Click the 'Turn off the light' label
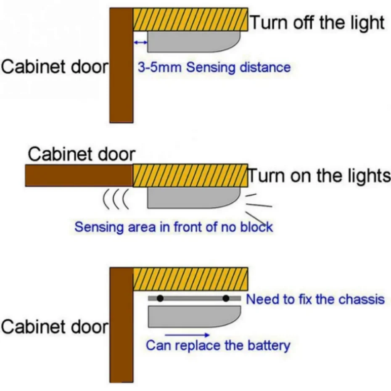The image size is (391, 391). (317, 23)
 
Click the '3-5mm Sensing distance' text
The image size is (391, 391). (214, 67)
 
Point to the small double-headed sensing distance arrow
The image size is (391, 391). (140, 42)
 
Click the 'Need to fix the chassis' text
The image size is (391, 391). (315, 299)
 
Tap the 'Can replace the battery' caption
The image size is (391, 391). (218, 346)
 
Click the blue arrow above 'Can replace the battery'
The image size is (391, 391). (187, 335)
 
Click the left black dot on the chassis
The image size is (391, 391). (160, 299)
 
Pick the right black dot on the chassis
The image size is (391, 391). (226, 299)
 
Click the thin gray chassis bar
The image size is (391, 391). (193, 299)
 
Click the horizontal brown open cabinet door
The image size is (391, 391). (79, 175)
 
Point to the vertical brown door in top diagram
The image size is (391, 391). (121, 65)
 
